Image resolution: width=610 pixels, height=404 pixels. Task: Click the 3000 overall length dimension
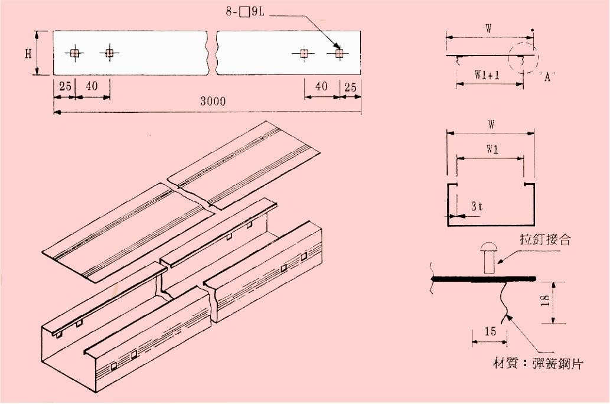[213, 101]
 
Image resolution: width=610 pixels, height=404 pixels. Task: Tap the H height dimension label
[28, 54]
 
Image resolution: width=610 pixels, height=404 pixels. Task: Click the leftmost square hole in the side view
[74, 53]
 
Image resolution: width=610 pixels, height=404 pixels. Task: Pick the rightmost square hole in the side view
[339, 53]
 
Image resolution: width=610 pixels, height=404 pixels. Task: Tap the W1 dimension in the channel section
[492, 149]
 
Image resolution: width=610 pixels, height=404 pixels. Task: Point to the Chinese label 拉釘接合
[546, 240]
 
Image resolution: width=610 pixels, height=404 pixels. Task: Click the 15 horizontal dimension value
[490, 331]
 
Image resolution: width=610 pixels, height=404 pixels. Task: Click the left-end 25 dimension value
[65, 86]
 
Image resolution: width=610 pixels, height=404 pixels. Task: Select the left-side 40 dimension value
[92, 86]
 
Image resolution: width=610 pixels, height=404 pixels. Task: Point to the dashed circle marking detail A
[523, 57]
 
